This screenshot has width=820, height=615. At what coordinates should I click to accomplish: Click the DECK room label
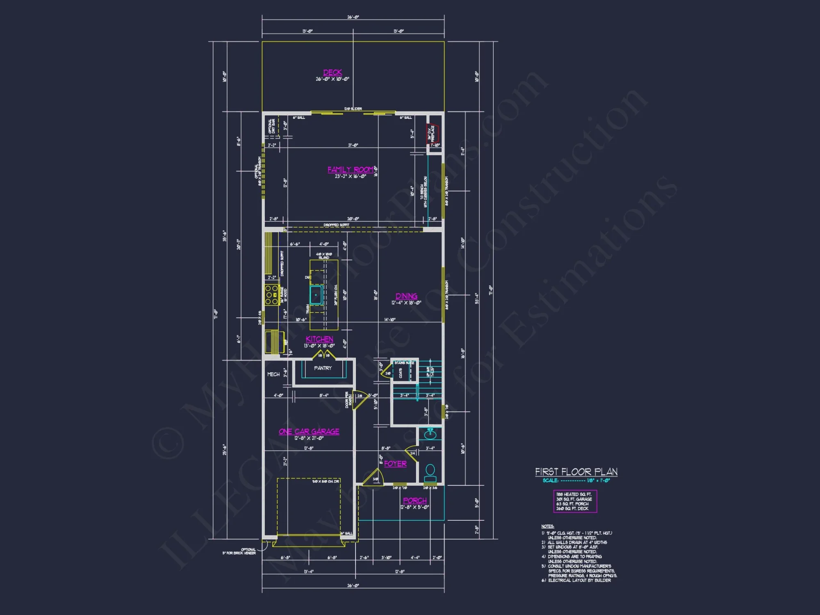333,73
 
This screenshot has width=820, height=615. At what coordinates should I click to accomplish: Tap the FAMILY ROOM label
351,169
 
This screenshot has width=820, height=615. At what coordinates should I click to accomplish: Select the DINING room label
406,296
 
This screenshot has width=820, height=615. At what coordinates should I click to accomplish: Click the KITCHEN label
319,339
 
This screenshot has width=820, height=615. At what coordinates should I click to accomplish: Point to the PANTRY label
323,368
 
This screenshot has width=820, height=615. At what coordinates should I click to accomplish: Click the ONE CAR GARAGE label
309,431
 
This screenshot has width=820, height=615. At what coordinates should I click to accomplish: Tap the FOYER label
395,464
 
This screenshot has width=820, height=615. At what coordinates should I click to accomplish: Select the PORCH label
415,501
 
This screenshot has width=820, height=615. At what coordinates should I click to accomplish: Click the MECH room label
273,374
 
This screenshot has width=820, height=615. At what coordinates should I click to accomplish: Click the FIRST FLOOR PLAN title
576,472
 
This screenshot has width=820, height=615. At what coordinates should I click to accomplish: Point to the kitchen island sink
316,295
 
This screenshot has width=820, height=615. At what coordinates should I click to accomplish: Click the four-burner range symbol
271,295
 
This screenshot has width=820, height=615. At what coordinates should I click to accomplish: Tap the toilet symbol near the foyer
430,473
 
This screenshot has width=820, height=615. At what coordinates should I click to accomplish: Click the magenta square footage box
575,501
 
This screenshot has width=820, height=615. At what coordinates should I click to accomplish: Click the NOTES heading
547,526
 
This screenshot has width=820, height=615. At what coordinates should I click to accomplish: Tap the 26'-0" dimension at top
353,17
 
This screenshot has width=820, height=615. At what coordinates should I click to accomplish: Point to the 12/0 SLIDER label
353,109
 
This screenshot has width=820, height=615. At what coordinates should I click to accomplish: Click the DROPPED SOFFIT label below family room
336,225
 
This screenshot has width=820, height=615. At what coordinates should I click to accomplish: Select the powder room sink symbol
430,433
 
